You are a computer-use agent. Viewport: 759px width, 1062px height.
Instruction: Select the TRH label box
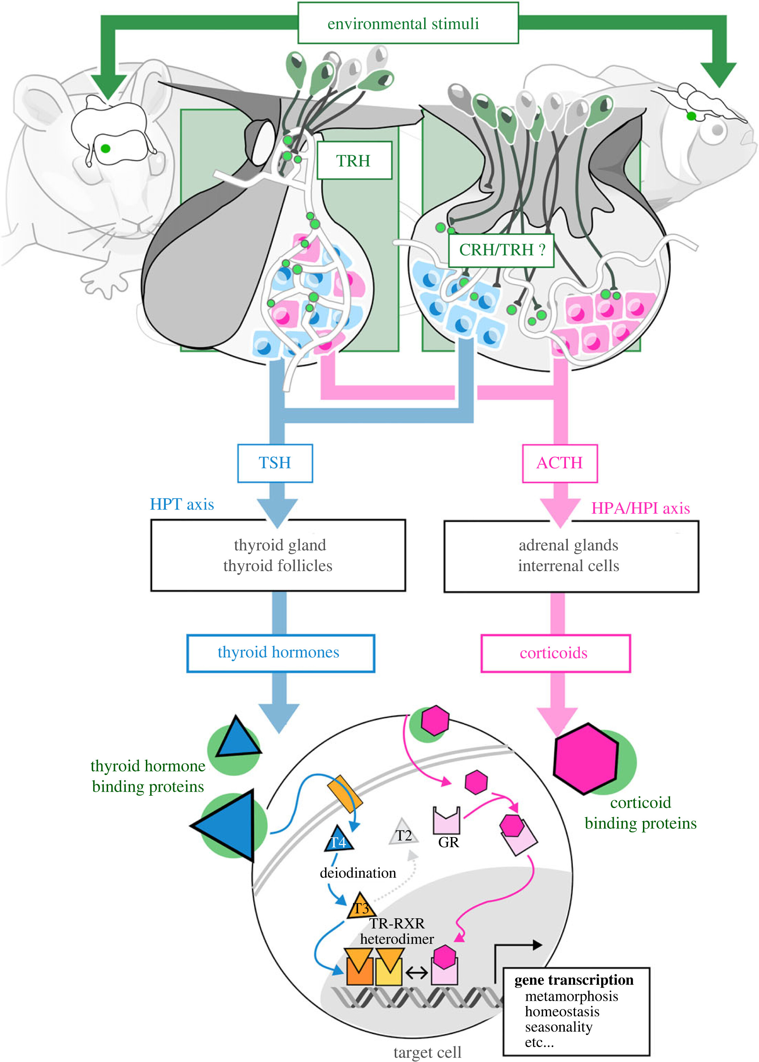354,160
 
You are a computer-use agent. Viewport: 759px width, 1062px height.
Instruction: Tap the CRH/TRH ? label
501,250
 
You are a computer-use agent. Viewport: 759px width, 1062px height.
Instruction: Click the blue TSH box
275,463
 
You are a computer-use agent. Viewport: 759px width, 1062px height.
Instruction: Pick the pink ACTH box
559,463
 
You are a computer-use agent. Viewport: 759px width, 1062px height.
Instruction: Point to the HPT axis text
182,504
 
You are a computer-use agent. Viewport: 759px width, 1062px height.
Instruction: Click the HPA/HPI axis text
640,508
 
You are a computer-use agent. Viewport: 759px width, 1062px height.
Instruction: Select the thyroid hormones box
280,652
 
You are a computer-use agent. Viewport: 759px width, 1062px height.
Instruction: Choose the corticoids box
555,653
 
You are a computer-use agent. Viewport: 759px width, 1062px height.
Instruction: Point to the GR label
448,842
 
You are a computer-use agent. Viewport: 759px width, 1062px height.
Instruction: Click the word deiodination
357,873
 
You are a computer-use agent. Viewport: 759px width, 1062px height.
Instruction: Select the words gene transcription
574,979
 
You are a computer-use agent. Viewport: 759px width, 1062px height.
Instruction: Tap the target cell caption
427,1052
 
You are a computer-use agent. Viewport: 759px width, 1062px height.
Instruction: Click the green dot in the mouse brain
106,149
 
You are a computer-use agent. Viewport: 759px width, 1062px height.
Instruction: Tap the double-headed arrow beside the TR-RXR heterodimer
417,973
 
